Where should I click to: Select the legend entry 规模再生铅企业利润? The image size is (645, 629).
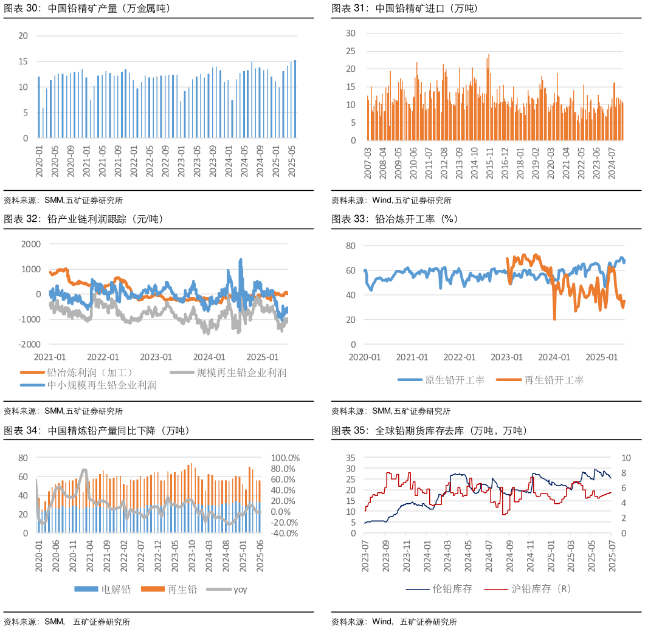coord(241,373)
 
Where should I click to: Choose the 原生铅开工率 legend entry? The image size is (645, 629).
coord(454,380)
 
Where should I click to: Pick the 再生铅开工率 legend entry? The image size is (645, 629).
coord(553,380)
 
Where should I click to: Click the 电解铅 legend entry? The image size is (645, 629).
coord(116,589)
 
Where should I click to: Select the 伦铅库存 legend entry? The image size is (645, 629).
coord(452,589)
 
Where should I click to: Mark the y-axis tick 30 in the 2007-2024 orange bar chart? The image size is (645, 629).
coord(351,33)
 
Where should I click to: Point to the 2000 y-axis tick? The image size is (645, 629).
coord(31,244)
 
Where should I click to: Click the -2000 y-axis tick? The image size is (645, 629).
coord(30,345)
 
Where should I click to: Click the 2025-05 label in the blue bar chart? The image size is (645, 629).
coord(291,161)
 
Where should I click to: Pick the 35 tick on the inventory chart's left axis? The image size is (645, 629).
coord(350,458)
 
